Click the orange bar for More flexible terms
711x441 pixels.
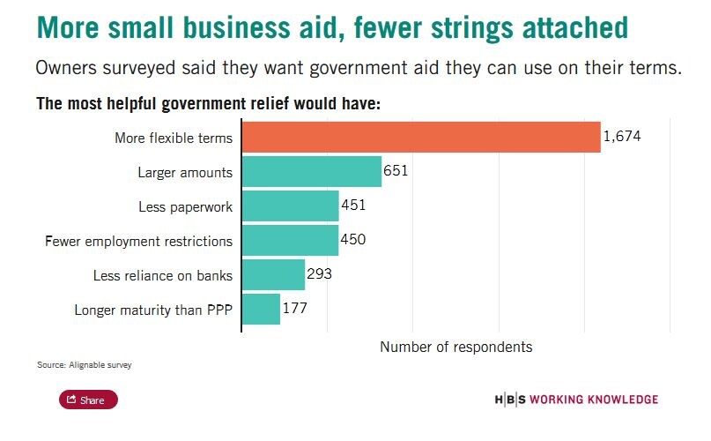tap(421, 137)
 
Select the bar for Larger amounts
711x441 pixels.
tap(312, 171)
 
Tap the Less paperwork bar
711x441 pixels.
tap(291, 206)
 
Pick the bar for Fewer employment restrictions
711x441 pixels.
tap(290, 240)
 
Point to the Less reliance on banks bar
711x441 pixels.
tap(273, 274)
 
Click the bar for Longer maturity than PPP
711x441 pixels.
tap(261, 309)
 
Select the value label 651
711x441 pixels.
tap(396, 171)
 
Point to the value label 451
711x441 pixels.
tap(353, 206)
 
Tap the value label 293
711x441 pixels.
tap(319, 274)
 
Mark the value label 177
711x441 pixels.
tap(294, 309)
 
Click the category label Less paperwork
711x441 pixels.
tap(185, 206)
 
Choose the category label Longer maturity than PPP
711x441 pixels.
tap(153, 310)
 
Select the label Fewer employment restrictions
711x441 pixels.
tap(138, 241)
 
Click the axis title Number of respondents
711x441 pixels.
tap(455, 347)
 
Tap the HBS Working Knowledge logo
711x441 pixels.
tap(576, 400)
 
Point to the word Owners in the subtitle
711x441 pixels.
tap(65, 69)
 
